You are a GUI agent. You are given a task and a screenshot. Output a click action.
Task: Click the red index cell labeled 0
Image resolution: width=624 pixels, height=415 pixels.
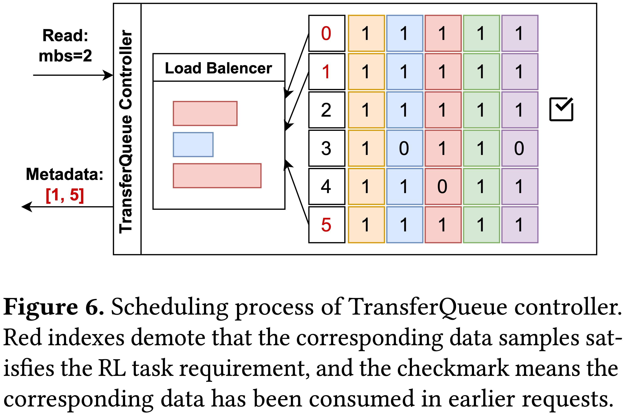click(327, 33)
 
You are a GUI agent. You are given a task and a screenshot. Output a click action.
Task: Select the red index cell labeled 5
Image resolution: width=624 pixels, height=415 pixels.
click(327, 225)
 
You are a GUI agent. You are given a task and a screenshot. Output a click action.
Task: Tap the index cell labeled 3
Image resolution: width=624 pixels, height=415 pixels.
click(327, 148)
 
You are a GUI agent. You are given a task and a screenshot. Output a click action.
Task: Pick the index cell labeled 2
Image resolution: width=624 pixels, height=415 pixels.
click(327, 110)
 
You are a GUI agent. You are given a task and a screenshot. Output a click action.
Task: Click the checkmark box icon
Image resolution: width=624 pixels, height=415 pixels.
click(561, 109)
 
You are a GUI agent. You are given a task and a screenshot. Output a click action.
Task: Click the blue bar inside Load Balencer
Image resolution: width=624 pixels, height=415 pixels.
click(193, 144)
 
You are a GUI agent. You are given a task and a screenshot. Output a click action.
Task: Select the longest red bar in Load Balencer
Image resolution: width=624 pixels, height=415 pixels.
click(217, 176)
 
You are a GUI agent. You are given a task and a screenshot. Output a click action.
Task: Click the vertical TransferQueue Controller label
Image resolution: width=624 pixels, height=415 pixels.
click(126, 132)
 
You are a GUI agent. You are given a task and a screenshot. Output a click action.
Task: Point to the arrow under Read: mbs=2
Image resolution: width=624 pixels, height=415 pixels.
click(73, 75)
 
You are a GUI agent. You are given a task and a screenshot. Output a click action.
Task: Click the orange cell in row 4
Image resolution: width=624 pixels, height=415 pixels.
click(366, 187)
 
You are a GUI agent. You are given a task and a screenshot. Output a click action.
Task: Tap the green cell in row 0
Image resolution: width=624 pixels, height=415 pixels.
click(481, 33)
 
